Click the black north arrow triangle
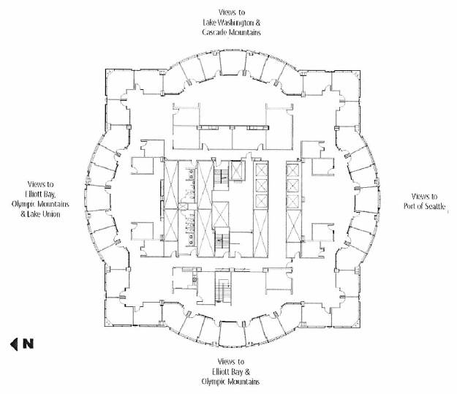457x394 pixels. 12,343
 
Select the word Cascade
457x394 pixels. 216,33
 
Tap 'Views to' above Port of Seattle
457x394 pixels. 424,196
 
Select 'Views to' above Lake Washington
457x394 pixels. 232,12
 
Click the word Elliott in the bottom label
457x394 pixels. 216,371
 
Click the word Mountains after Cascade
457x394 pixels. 247,33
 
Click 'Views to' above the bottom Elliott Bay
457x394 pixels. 231,361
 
